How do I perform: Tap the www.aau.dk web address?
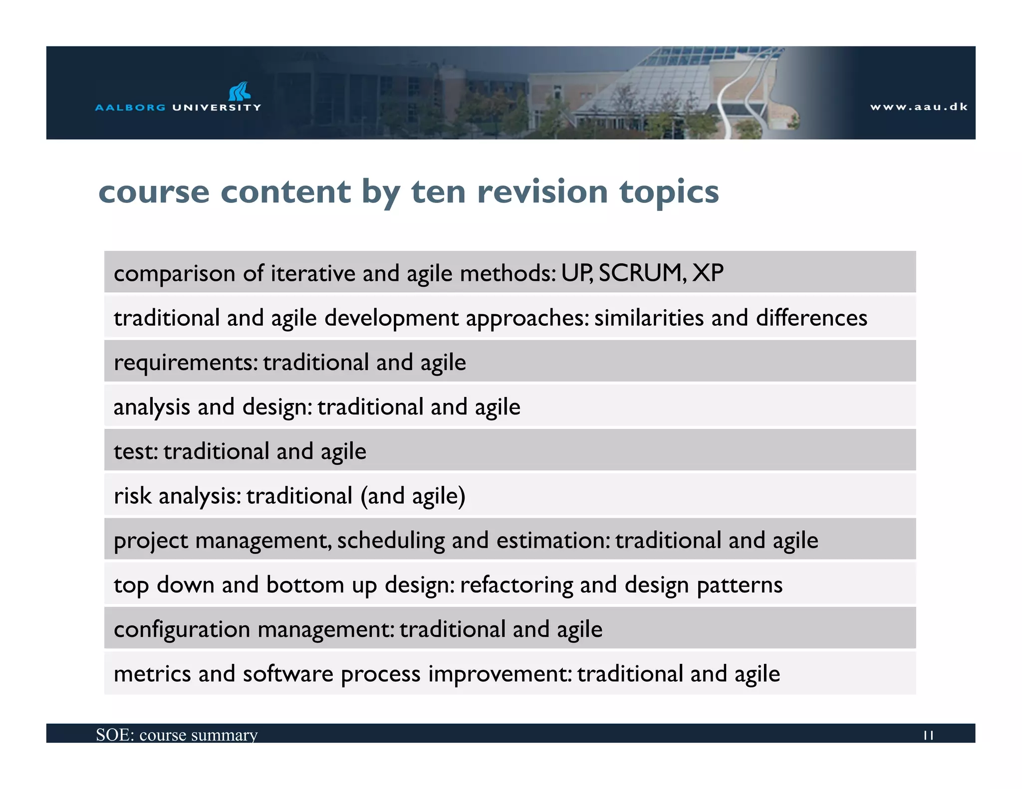coord(919,107)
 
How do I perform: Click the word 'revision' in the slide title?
coord(542,192)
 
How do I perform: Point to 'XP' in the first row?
coord(708,273)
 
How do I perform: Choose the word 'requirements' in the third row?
coord(186,363)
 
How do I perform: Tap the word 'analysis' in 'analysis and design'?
coord(152,407)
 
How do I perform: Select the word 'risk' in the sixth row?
coord(132,496)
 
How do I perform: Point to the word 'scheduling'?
coord(391,541)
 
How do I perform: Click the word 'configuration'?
coord(182,630)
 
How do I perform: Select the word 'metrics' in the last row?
coord(152,674)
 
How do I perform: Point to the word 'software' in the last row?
coord(288,674)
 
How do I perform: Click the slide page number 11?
coord(928,735)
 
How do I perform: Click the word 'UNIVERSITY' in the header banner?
coord(217,107)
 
